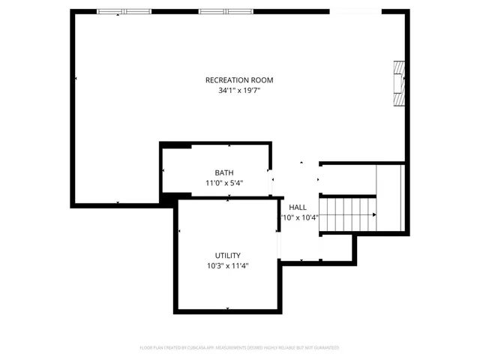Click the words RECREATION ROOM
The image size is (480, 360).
pos(239,80)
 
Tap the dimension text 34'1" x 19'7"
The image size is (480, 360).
pos(239,91)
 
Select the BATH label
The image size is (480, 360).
pos(224,172)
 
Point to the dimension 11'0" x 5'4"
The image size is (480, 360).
pos(224,182)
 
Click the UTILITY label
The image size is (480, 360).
pos(229,256)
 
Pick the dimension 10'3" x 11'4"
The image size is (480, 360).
pos(229,265)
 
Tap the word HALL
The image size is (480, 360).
pos(298,208)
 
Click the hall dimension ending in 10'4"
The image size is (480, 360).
pos(299,218)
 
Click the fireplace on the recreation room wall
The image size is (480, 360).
pos(400,85)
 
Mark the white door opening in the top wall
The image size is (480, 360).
pos(355,11)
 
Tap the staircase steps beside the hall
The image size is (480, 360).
pos(348,214)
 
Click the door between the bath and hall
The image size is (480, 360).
pos(273,179)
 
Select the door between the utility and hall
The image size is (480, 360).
pos(279,244)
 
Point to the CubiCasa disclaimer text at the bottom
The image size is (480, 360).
pos(239,348)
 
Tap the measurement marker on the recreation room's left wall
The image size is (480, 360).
pos(76,78)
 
